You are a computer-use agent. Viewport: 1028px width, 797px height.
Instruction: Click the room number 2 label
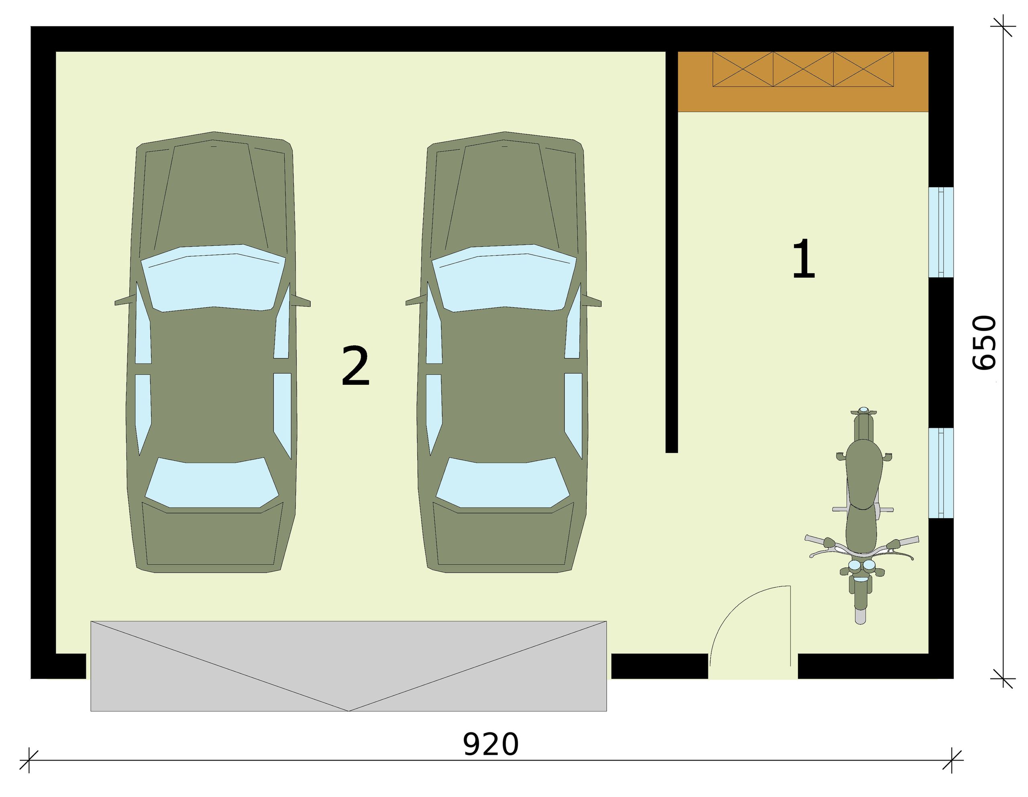(x=355, y=366)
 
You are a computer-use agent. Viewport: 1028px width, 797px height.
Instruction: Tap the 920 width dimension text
(x=491, y=744)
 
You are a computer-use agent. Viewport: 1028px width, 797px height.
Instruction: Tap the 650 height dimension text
(x=984, y=342)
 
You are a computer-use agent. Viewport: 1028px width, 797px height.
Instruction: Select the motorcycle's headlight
(x=862, y=565)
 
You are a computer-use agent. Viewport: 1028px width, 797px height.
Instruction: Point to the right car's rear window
(x=503, y=482)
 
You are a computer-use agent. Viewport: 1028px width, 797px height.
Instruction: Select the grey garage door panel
(x=348, y=666)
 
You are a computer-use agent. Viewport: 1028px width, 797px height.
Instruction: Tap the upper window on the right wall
(x=941, y=232)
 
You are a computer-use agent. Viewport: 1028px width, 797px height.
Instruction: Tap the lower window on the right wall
(x=941, y=473)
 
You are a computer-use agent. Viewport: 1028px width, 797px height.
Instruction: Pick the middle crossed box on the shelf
(x=803, y=69)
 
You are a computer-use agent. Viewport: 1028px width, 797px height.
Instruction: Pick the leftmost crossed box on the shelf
(x=743, y=69)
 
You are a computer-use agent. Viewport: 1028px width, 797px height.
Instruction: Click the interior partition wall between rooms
(x=672, y=252)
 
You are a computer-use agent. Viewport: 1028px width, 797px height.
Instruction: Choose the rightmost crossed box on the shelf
(x=863, y=69)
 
